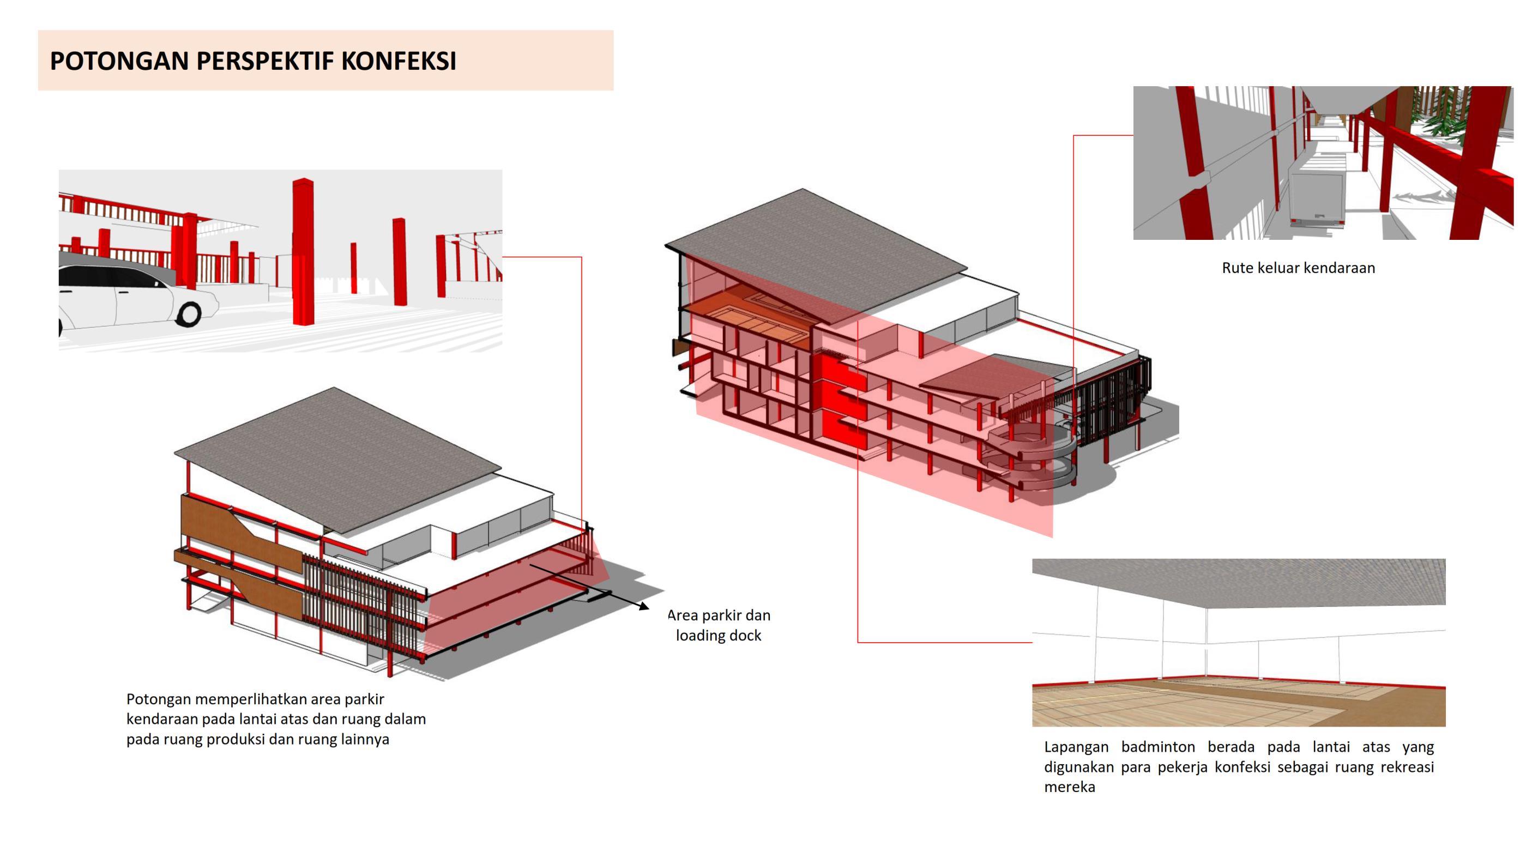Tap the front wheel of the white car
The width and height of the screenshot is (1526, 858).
[x=190, y=313]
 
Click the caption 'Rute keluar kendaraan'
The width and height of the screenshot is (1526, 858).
[x=1298, y=268]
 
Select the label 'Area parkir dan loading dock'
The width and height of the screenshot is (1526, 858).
[x=719, y=625]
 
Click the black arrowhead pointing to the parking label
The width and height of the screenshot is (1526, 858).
[x=644, y=606]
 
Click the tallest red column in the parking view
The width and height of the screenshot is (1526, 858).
[x=303, y=252]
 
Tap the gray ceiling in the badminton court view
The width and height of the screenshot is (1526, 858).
[x=1238, y=581]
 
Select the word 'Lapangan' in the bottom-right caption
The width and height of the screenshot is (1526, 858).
[x=1076, y=747]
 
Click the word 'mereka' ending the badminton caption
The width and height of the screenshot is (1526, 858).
[x=1069, y=788]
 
